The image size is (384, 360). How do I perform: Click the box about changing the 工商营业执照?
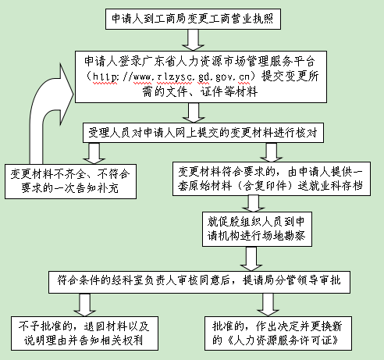pos(193,19)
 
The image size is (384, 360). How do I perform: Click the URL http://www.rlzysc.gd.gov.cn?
pos(171,77)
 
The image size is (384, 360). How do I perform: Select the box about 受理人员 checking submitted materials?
pos(203,133)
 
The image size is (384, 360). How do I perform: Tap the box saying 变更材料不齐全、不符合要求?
pos(70,181)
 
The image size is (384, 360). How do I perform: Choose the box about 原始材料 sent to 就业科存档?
pos(272,179)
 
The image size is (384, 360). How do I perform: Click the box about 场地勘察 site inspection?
pos(257,229)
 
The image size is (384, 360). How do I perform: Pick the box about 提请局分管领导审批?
pos(199,282)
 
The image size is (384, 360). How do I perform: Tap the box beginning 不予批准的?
pos(84,333)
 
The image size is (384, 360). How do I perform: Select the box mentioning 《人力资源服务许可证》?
pos(278,333)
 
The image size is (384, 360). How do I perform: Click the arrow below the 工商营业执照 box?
pos(193,40)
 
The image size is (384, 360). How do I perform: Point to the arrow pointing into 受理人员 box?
pos(194,112)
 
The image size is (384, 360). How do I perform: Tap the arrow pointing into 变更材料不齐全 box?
pos(94,153)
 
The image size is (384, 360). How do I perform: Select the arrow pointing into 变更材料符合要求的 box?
pos(272,152)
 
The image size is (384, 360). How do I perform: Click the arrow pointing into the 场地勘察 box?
pos(254,204)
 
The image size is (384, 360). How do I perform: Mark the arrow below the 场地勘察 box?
pos(251,258)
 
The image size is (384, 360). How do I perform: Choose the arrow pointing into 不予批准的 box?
pos(84,305)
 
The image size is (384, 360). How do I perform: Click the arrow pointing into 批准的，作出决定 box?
pos(268,305)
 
